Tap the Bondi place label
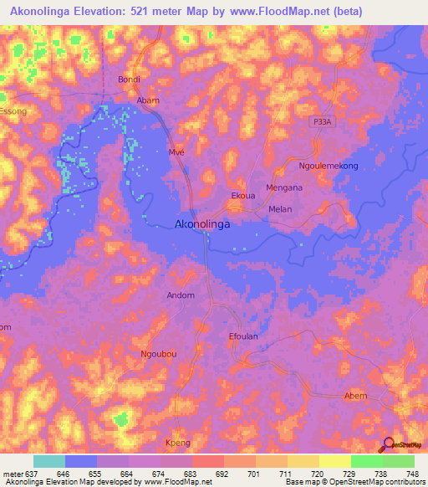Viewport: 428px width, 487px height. click(129, 79)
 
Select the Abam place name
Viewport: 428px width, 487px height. click(148, 100)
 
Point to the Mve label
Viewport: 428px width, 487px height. click(176, 153)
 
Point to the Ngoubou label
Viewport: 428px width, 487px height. click(159, 354)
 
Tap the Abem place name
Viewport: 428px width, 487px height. click(355, 396)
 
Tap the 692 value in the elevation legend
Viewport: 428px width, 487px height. click(222, 473)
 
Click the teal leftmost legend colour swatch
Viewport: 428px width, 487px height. click(49, 461)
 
